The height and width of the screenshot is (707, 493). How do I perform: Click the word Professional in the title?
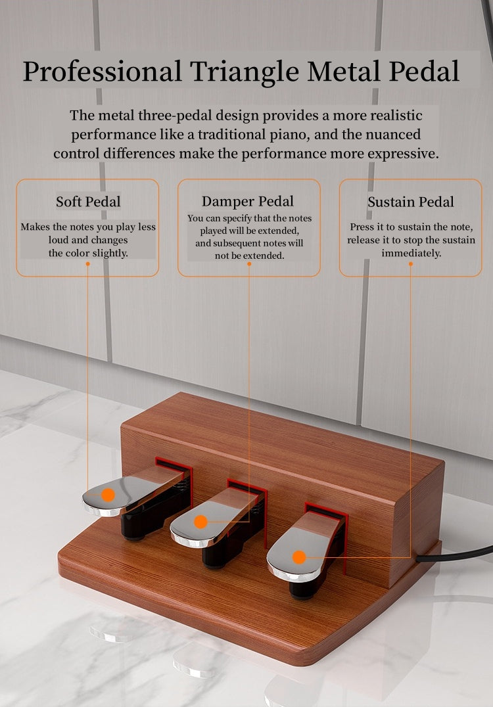(x=103, y=71)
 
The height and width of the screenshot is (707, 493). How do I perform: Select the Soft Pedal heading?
(x=88, y=201)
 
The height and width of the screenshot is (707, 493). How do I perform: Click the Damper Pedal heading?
(x=248, y=201)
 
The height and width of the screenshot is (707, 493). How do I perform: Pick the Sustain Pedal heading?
(x=411, y=202)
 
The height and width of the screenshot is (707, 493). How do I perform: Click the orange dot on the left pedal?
(x=108, y=495)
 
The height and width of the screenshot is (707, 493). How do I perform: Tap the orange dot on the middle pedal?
(x=201, y=522)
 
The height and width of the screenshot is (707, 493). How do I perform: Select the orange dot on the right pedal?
(x=299, y=557)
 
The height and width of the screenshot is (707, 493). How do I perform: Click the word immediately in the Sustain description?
(x=411, y=252)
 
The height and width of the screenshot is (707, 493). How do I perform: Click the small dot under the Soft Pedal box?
(x=87, y=263)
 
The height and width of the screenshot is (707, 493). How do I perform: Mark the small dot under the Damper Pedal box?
(x=249, y=263)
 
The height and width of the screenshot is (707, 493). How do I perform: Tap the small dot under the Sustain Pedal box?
(x=411, y=263)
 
